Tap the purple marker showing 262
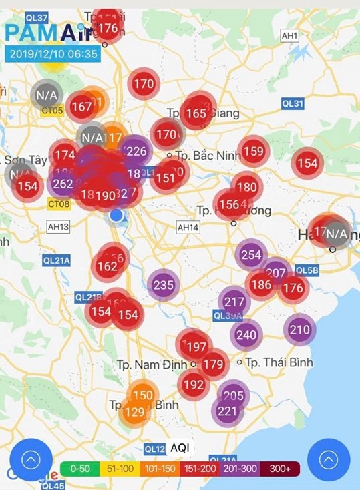point(63,184)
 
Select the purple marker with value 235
point(163,285)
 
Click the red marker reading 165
point(196,113)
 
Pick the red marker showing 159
point(254,152)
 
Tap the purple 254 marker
point(251,254)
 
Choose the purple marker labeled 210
point(300,329)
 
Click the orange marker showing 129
point(134,412)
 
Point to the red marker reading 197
point(196,347)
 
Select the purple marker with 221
point(227,411)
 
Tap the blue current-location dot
point(116,215)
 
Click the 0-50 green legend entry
point(79,469)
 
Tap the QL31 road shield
point(293,103)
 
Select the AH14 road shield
point(188,228)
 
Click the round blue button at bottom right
point(328,459)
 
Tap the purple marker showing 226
point(136,151)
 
